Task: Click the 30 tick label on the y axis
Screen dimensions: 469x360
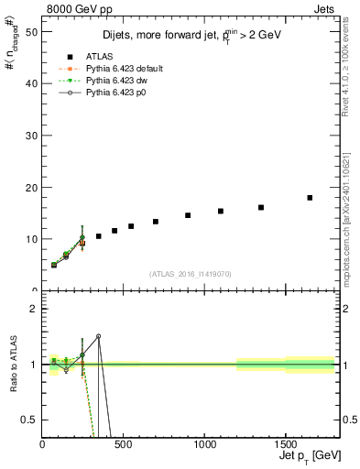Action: [x=32, y=135]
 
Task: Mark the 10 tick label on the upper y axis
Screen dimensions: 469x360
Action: [x=32, y=239]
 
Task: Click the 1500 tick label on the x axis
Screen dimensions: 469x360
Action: [x=285, y=442]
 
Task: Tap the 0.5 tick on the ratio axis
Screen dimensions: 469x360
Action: [x=30, y=420]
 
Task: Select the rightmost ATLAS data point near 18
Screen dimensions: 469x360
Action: [x=310, y=198]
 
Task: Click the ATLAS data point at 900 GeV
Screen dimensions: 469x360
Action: [x=188, y=215]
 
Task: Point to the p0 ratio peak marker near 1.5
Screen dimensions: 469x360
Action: [x=99, y=336]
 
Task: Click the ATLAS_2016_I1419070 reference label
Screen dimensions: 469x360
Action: [x=191, y=273]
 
